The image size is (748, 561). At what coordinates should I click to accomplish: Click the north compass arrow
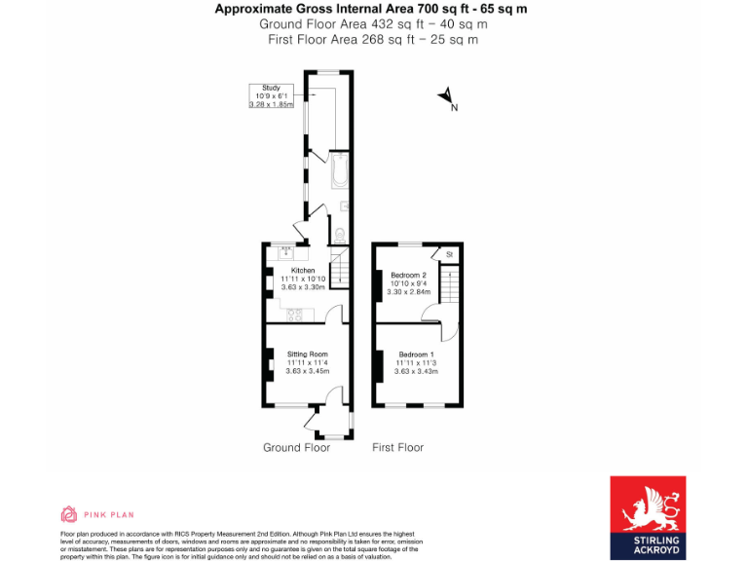pyautogui.click(x=446, y=96)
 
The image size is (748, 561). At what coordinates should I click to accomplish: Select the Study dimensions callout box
pyautogui.click(x=271, y=95)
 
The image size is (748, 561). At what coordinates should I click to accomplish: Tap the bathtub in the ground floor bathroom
pyautogui.click(x=337, y=171)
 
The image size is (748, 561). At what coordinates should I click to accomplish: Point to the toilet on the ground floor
pyautogui.click(x=338, y=235)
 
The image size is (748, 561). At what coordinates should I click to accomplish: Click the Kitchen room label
pyautogui.click(x=303, y=270)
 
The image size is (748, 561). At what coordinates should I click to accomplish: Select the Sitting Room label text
pyautogui.click(x=307, y=354)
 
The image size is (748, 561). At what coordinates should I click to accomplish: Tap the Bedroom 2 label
pyautogui.click(x=408, y=275)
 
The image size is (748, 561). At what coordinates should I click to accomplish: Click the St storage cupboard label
pyautogui.click(x=449, y=255)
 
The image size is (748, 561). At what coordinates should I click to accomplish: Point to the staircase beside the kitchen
pyautogui.click(x=339, y=271)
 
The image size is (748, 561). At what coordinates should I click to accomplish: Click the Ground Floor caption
pyautogui.click(x=296, y=447)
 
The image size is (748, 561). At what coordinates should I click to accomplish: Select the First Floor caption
pyautogui.click(x=397, y=447)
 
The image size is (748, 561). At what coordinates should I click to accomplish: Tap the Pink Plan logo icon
pyautogui.click(x=69, y=514)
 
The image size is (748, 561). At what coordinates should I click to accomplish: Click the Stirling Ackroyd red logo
pyautogui.click(x=647, y=517)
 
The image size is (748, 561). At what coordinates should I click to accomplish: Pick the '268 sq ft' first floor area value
pyautogui.click(x=373, y=40)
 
